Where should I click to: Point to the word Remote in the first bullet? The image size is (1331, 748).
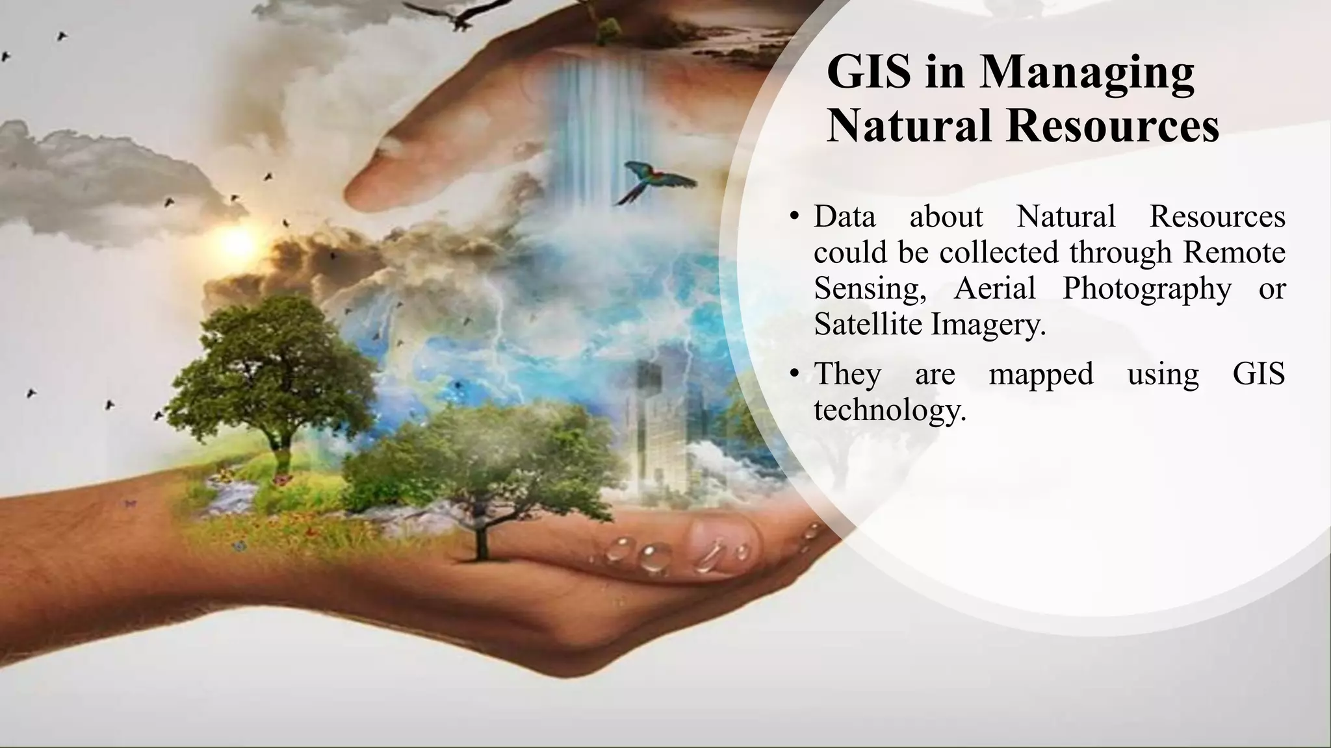[1234, 251]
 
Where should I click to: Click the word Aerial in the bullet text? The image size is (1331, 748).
[994, 288]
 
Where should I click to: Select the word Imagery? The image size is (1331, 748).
[989, 324]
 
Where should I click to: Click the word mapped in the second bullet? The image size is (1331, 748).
[1040, 375]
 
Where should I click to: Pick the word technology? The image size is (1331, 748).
[890, 410]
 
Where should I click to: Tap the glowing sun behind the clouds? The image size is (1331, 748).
[237, 242]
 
